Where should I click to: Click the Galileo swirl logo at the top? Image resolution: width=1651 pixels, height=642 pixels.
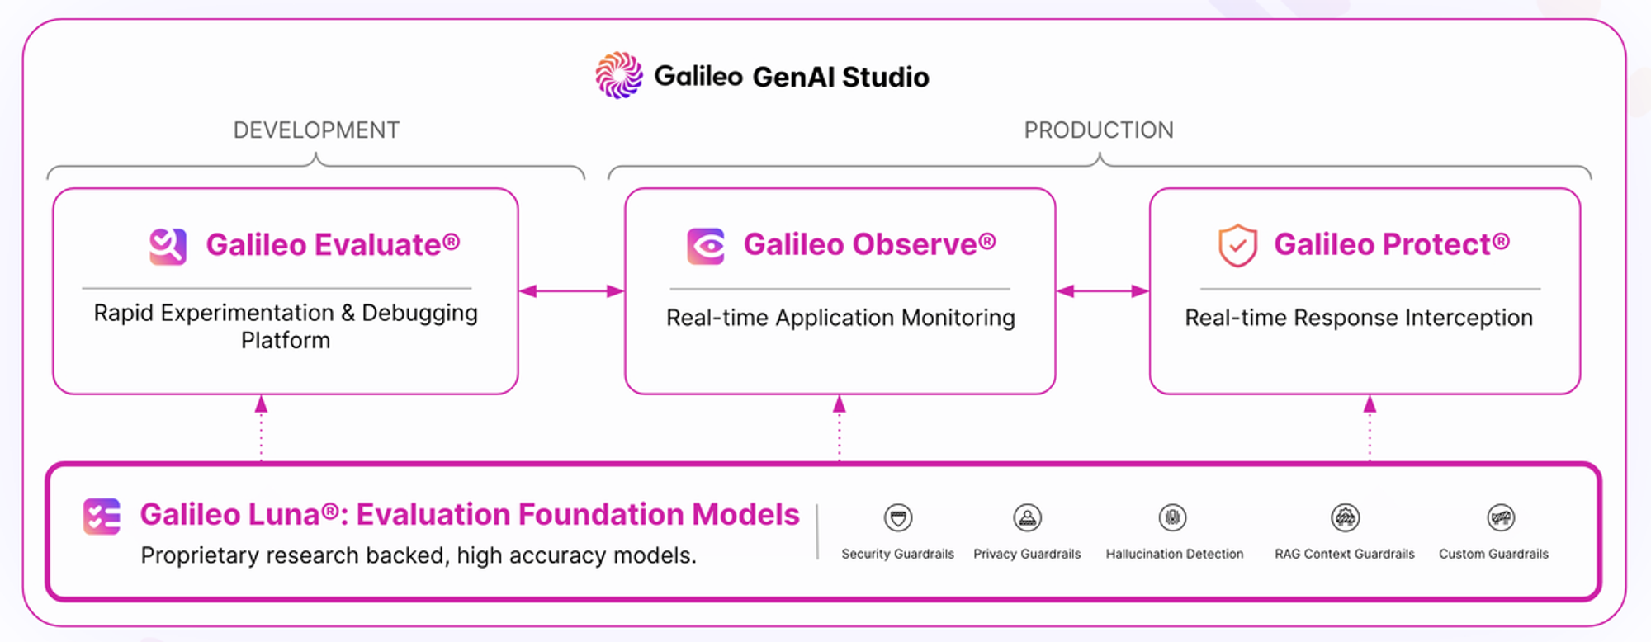[x=619, y=75]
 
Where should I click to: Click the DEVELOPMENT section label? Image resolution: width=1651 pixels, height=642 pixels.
[x=316, y=130]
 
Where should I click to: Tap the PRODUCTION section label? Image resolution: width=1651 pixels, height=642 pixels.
[x=1098, y=130]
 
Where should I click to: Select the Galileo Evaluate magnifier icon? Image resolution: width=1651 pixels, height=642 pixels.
[x=168, y=246]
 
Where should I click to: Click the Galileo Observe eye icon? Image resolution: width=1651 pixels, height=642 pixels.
[x=706, y=246]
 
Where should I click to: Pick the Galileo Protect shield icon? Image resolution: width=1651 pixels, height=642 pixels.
[x=1237, y=245]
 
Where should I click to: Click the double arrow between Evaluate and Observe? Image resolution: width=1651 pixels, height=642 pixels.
[x=571, y=291]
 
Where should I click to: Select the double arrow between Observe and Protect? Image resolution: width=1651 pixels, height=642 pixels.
[x=1102, y=291]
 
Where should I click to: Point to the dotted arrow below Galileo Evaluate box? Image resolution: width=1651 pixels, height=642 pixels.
[x=261, y=427]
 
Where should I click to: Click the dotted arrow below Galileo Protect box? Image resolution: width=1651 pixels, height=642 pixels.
[x=1370, y=427]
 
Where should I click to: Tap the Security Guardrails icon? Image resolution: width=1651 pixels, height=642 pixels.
[x=897, y=518]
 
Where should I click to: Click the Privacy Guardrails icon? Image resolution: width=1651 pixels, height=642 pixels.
[x=1027, y=518]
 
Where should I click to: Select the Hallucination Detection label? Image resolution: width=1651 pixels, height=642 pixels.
[x=1174, y=555]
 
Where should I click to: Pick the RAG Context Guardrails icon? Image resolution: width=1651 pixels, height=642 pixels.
[x=1345, y=518]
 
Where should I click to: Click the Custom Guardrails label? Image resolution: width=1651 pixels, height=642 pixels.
[x=1493, y=555]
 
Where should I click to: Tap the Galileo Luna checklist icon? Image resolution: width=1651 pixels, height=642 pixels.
[x=102, y=517]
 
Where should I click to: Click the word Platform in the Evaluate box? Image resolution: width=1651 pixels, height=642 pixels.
[x=286, y=341]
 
